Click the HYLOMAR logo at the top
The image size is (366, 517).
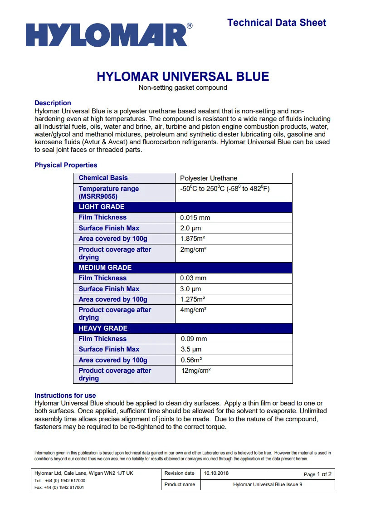106,35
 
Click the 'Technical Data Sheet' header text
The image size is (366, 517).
277,23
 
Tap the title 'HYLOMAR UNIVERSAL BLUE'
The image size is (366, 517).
183,76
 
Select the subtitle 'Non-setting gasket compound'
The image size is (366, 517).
183,88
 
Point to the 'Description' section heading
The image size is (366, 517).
53,103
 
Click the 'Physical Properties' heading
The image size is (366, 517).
66,165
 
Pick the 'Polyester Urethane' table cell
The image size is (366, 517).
209,178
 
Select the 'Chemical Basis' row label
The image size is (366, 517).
103,178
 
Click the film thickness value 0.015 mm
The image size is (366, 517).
195,218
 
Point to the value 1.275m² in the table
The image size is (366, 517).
193,299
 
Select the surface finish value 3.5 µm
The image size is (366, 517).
191,350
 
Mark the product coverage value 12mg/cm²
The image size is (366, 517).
196,371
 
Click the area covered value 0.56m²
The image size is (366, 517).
191,360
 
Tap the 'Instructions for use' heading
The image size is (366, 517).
65,395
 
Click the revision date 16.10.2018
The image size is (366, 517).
216,473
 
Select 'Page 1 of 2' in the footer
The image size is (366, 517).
317,474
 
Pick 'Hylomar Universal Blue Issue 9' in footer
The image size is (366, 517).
268,484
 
